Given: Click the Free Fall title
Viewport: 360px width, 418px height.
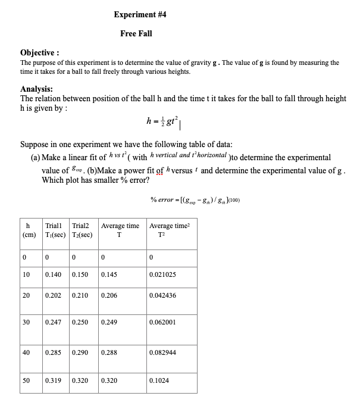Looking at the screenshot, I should click(136, 33).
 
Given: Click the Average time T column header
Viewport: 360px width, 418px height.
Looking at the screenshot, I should click(120, 229).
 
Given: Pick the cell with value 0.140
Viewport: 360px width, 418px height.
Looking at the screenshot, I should click(54, 274).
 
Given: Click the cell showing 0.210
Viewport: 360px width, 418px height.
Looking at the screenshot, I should click(80, 295).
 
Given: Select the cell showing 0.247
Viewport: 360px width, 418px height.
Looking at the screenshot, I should click(54, 322).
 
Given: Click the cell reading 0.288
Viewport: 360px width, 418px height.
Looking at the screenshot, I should click(109, 353).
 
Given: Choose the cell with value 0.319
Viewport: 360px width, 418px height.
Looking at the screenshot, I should click(54, 379).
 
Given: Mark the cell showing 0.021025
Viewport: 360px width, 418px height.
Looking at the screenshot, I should click(162, 274).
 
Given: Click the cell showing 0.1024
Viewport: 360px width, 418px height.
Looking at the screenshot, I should click(159, 379).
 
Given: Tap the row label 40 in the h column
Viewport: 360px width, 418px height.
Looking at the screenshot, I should click(26, 353).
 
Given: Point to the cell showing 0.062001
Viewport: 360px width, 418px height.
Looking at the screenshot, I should click(162, 322).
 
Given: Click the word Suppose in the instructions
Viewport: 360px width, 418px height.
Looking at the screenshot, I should click(36, 145).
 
